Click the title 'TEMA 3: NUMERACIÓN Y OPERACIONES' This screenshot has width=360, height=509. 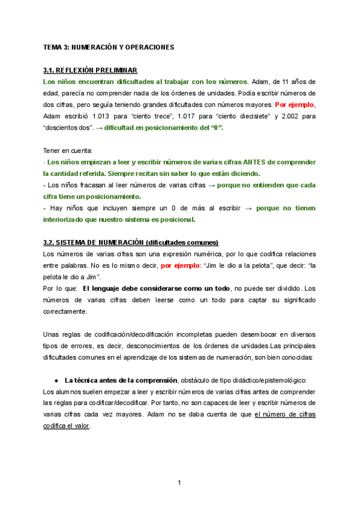[x=108, y=46]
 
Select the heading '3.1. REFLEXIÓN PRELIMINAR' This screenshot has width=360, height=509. [x=91, y=70]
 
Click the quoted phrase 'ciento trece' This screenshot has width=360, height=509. [x=158, y=116]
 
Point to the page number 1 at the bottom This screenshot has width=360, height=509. [x=179, y=483]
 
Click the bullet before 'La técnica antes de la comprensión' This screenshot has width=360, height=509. [x=56, y=380]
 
